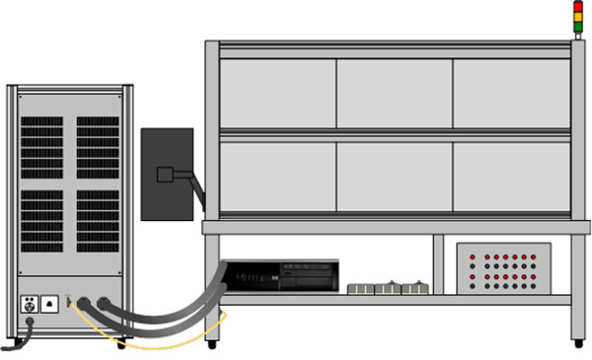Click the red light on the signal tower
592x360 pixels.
point(579,6)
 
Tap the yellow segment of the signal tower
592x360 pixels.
point(579,15)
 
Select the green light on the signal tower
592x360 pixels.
point(579,24)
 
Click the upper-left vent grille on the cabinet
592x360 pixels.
point(41,147)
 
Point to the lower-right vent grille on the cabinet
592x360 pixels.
point(98,219)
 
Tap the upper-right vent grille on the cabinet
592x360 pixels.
point(98,147)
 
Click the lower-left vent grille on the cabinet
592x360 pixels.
point(41,219)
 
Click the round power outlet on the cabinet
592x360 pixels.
point(30,304)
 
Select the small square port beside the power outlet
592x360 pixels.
point(49,304)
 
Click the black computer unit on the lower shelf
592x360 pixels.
point(282,276)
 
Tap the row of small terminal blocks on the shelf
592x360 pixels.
point(389,288)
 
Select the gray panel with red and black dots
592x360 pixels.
point(503,269)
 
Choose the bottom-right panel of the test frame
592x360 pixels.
point(511,177)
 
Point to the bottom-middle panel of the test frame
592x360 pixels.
point(395,177)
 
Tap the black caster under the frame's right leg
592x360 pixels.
point(578,344)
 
